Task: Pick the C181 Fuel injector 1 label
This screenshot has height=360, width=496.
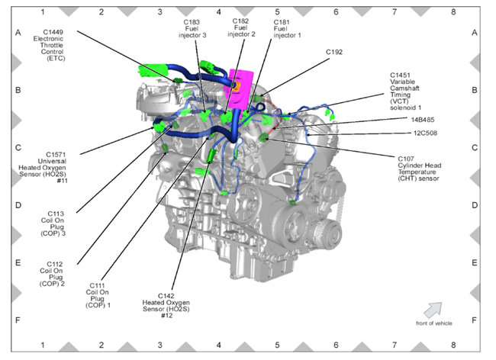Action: coord(287,30)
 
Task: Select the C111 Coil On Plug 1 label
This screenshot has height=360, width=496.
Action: coord(98,293)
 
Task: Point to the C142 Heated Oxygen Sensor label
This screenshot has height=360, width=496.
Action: coord(177,303)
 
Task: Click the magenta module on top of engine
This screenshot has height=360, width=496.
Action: coord(243,83)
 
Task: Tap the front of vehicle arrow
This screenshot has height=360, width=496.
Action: coord(433,309)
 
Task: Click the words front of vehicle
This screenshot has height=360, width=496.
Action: coord(432,323)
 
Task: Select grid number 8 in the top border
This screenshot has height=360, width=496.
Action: coord(453,12)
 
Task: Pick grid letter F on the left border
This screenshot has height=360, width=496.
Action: coord(17,320)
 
